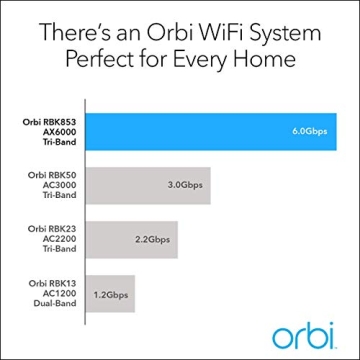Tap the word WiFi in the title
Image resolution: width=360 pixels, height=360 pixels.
[x=218, y=31]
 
